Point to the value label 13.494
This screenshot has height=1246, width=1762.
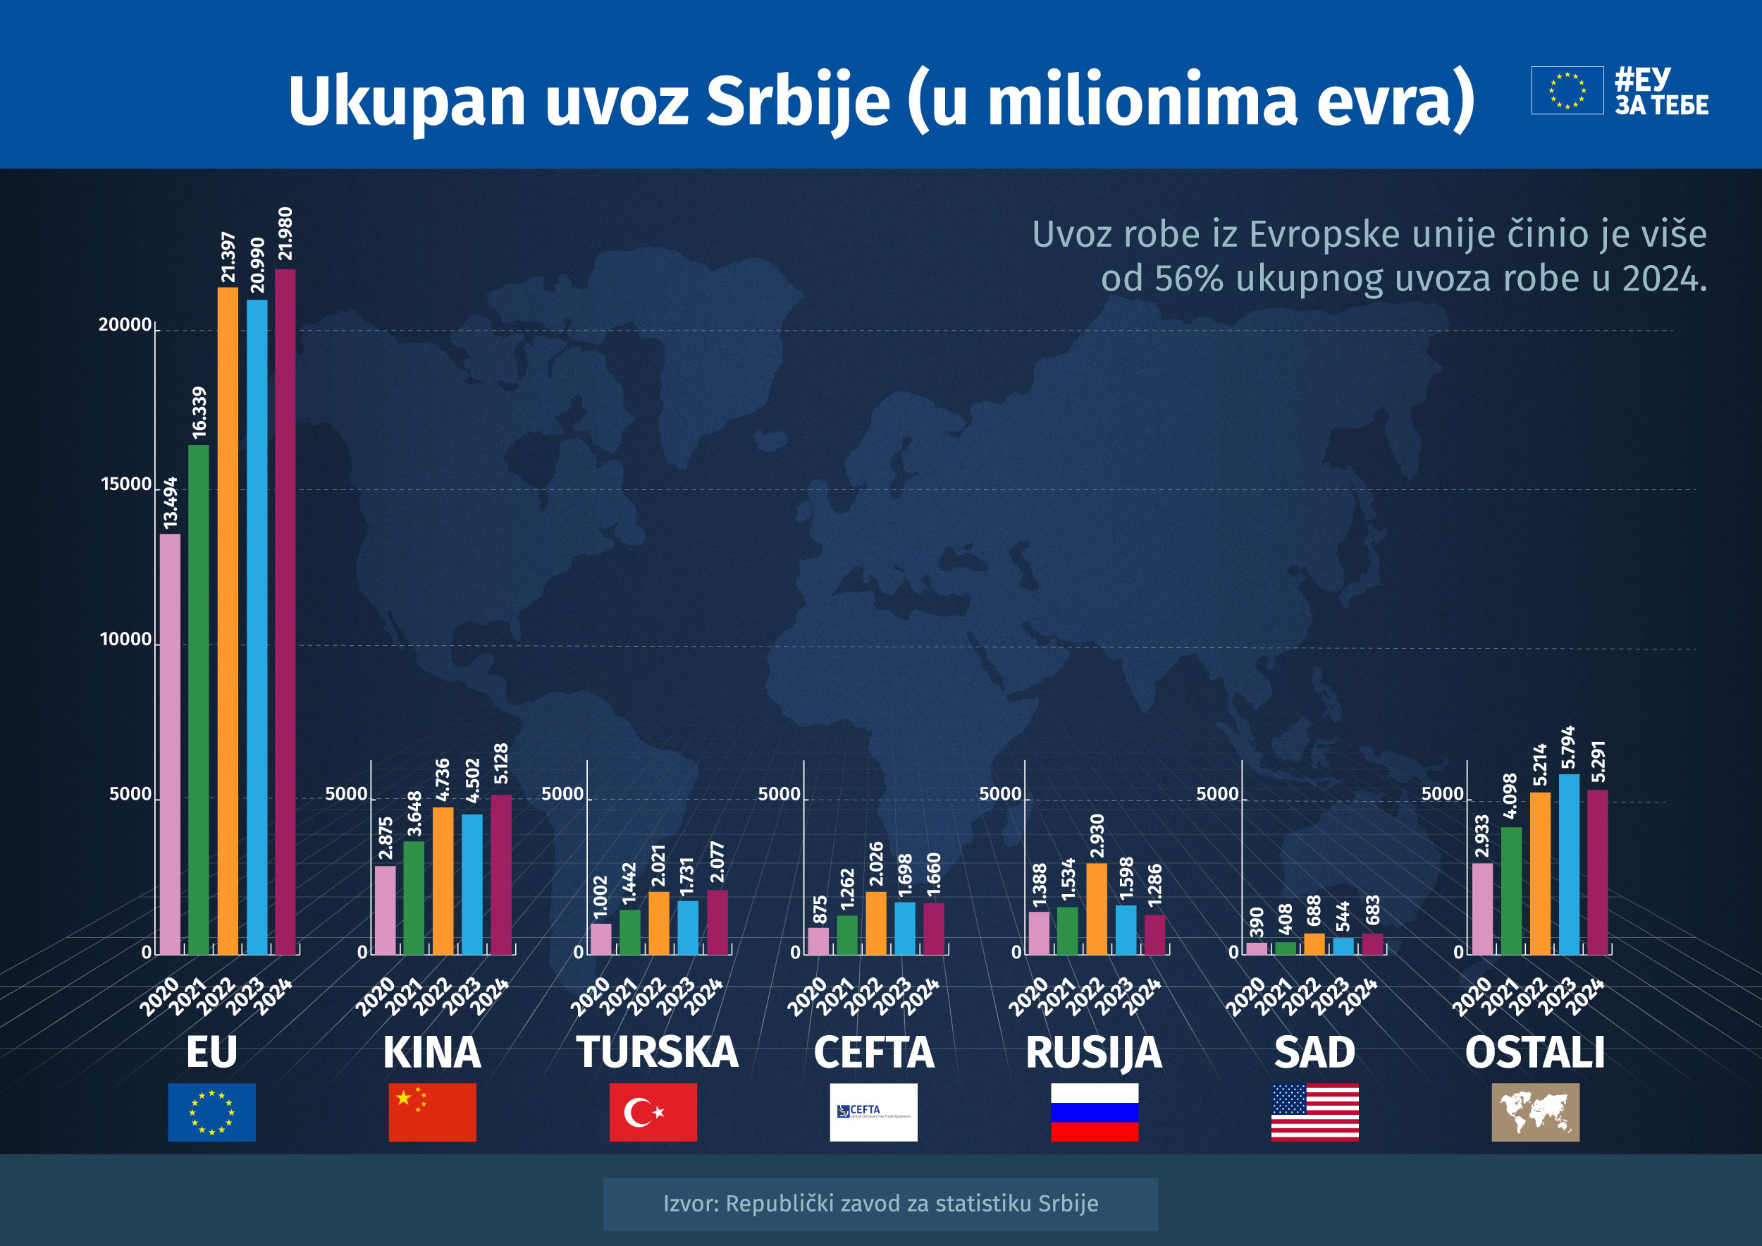171,503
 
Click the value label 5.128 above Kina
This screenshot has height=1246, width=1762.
501,763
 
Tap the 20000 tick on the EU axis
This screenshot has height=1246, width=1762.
125,325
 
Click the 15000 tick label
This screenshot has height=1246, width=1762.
127,484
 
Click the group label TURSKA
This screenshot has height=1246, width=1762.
657,1052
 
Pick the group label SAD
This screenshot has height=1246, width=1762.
1314,1052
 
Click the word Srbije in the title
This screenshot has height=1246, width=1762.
797,102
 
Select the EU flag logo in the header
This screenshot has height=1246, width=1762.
1567,90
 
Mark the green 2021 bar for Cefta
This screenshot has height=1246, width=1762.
847,934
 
